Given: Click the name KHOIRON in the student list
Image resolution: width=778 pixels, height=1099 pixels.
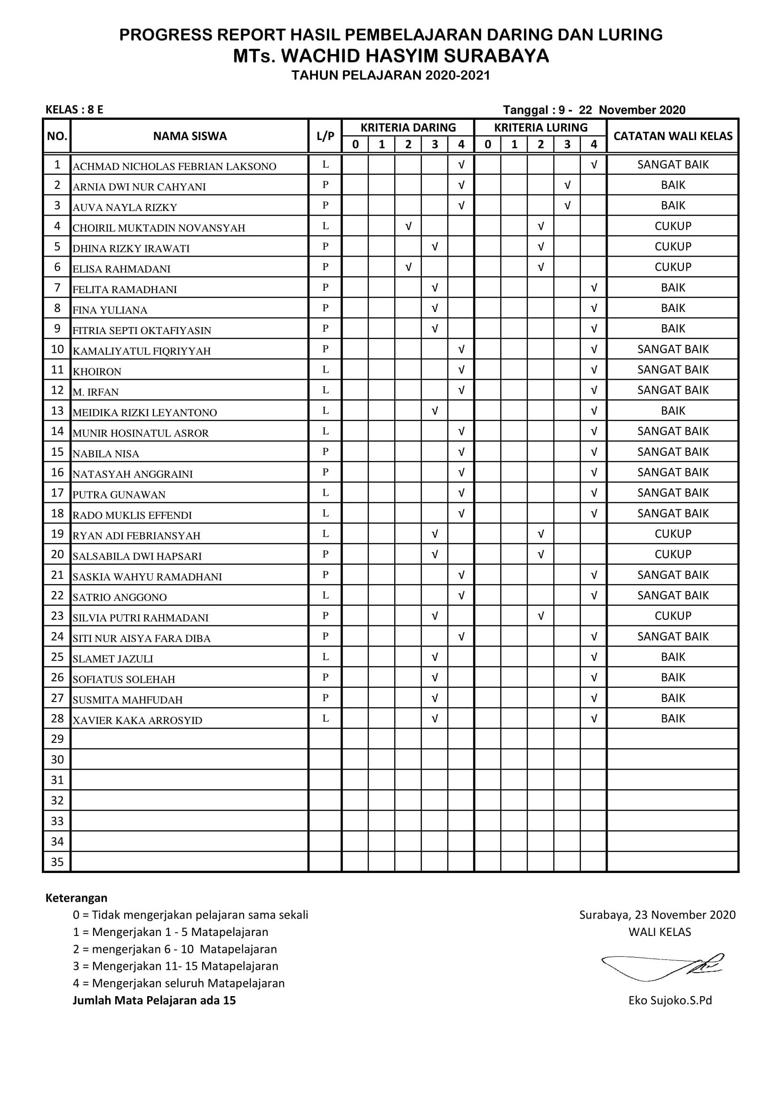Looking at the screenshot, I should click(97, 372).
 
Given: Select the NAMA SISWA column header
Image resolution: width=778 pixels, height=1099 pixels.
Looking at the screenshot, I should click(190, 136).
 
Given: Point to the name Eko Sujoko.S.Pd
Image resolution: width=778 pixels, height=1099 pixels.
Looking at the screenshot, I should click(670, 1000).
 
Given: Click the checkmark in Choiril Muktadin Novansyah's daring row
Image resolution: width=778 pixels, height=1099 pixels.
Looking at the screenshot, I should click(408, 226).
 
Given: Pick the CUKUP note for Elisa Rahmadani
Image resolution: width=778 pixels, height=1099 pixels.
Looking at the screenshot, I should click(673, 267).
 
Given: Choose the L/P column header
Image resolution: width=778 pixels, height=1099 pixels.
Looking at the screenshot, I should click(325, 136).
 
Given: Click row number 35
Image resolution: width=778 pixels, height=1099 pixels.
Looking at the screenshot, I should click(57, 862).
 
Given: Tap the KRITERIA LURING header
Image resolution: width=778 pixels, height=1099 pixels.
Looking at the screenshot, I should click(540, 128).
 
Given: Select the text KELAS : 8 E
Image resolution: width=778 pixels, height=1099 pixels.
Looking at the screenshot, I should click(74, 109).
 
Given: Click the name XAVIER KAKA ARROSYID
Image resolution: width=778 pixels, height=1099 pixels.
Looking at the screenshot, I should click(137, 720).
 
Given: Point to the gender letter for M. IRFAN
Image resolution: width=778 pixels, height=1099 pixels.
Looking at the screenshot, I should click(325, 390).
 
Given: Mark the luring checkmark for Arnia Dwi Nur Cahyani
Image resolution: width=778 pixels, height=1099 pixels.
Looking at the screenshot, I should click(567, 185).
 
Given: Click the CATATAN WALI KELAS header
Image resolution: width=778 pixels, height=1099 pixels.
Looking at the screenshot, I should click(673, 136).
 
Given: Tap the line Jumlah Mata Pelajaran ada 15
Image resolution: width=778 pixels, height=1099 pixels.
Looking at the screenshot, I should click(154, 1000).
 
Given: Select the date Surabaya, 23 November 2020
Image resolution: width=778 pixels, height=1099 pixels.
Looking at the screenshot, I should click(657, 915).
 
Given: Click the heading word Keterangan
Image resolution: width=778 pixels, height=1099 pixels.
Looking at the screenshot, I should click(76, 898).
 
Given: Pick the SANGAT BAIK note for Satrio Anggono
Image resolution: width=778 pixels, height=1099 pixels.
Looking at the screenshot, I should click(673, 595).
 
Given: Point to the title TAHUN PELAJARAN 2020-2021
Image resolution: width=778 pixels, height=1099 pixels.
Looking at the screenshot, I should click(390, 75).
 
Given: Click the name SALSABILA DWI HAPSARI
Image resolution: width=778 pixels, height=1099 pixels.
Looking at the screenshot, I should click(137, 556).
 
